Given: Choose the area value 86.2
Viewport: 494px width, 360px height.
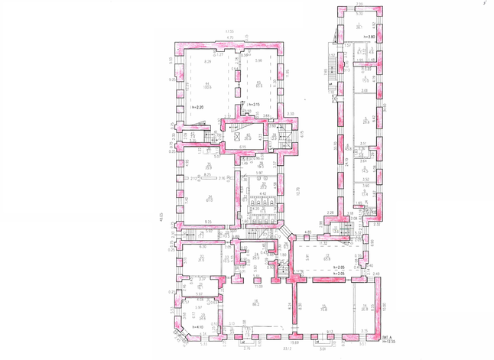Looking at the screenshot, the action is [x=257, y=304].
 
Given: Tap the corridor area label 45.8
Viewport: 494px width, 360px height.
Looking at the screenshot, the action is [x=346, y=149].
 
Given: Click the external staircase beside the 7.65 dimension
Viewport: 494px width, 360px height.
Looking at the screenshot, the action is [x=331, y=76].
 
